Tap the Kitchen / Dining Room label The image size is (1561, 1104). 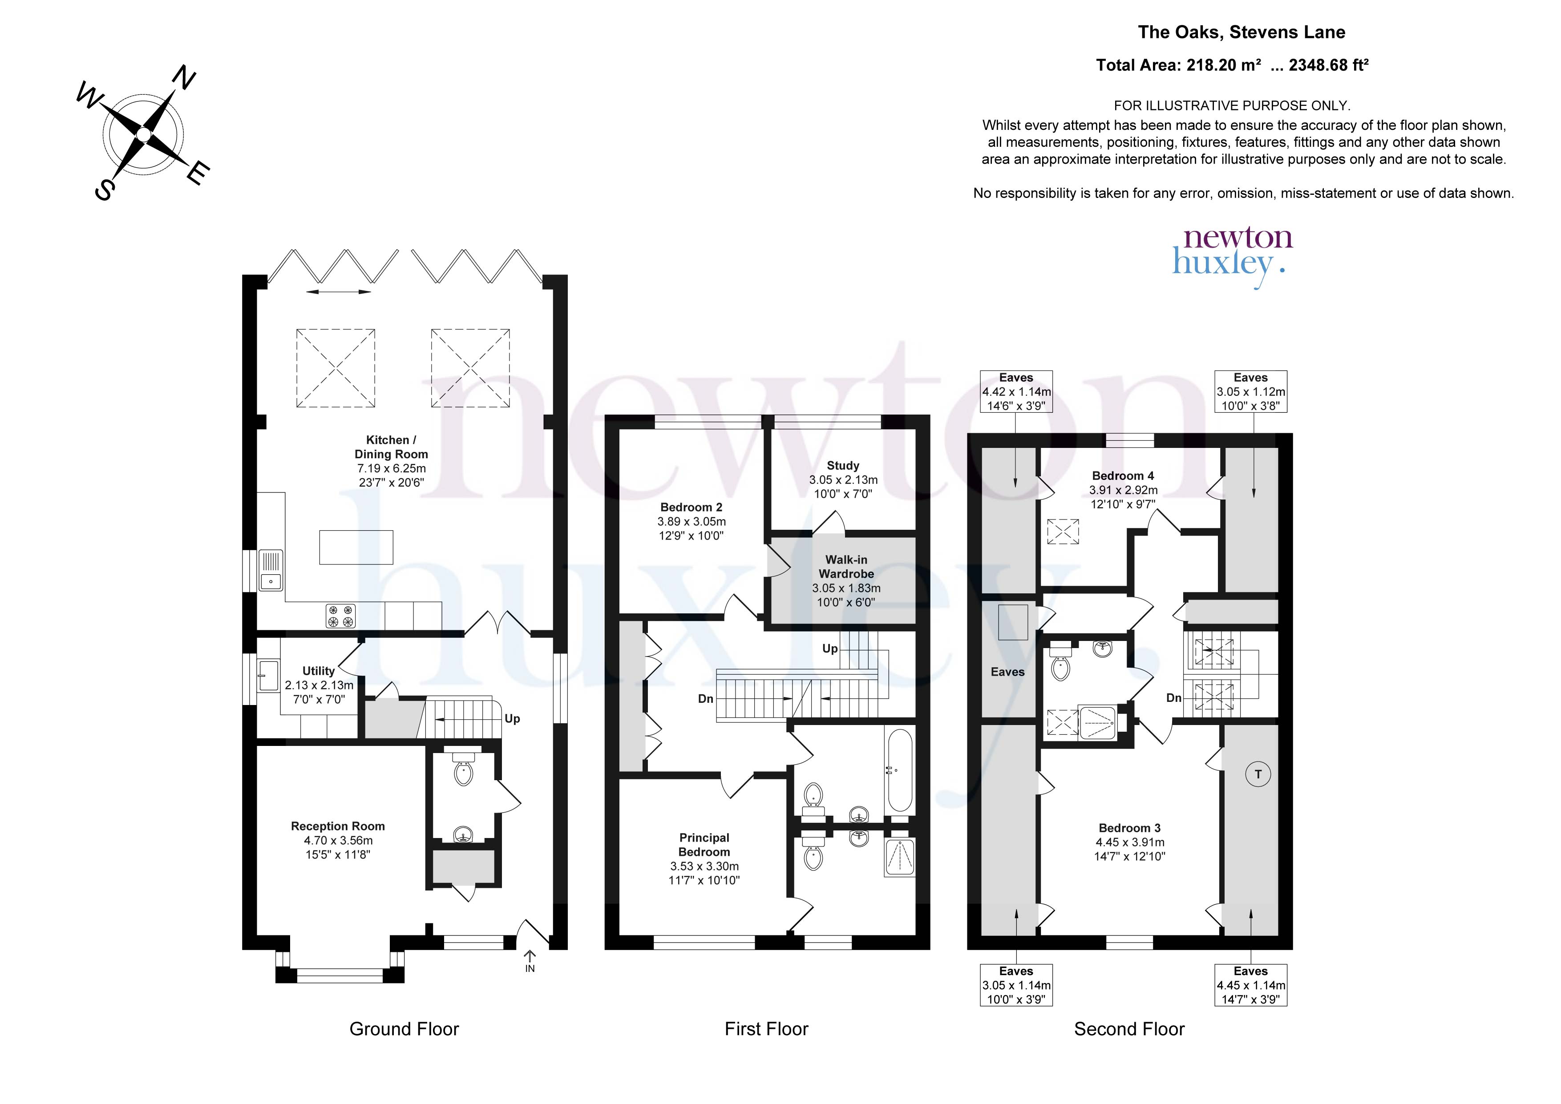point(392,461)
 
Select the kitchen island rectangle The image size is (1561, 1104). point(356,547)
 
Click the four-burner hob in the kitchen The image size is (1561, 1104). point(340,616)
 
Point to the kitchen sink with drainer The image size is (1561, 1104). point(271,570)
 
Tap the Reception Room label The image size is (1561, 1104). point(338,840)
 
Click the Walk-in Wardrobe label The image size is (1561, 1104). point(846,580)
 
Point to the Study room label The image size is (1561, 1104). point(843,479)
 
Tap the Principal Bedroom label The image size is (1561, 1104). point(704,858)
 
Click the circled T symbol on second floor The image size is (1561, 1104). point(1258,774)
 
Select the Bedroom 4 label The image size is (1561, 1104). point(1123,489)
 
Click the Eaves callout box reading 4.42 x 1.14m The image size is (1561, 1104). point(1016,391)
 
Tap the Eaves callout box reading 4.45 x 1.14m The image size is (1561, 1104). point(1251,985)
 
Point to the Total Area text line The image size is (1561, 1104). point(1232,65)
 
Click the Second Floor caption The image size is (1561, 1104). point(1129,1029)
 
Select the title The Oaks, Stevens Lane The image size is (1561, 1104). point(1242,32)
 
